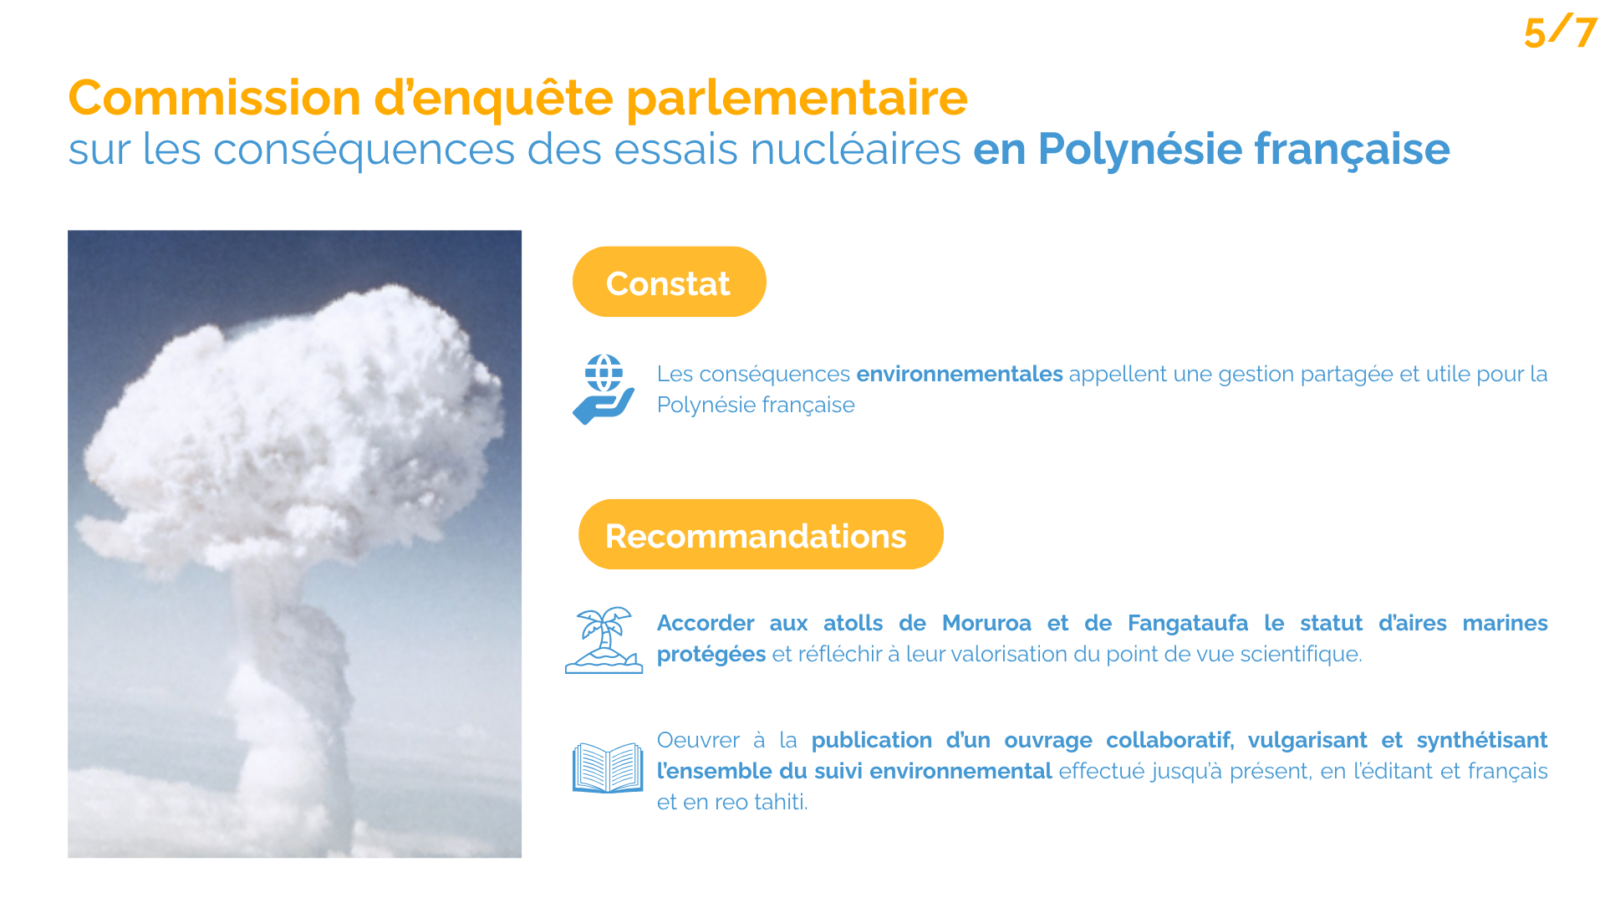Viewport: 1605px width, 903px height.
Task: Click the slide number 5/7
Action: [1560, 32]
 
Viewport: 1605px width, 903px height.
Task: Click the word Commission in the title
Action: [214, 98]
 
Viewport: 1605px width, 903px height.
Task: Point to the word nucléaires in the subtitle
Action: [855, 150]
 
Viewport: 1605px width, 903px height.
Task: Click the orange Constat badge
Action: [669, 282]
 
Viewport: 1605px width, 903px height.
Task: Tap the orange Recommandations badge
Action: [761, 534]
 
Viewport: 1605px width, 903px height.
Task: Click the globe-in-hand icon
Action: [604, 390]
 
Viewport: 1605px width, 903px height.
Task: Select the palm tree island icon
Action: [604, 640]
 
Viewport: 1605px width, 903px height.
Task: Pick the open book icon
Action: [608, 768]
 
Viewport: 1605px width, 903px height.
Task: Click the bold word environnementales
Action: [960, 374]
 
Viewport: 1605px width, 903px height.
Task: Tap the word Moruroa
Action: [986, 623]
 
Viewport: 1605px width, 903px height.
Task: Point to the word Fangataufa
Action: [1188, 624]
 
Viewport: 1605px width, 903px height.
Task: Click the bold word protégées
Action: [711, 655]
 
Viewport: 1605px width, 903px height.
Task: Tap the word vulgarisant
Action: [1307, 741]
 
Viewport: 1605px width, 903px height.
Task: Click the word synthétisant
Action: [1482, 741]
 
